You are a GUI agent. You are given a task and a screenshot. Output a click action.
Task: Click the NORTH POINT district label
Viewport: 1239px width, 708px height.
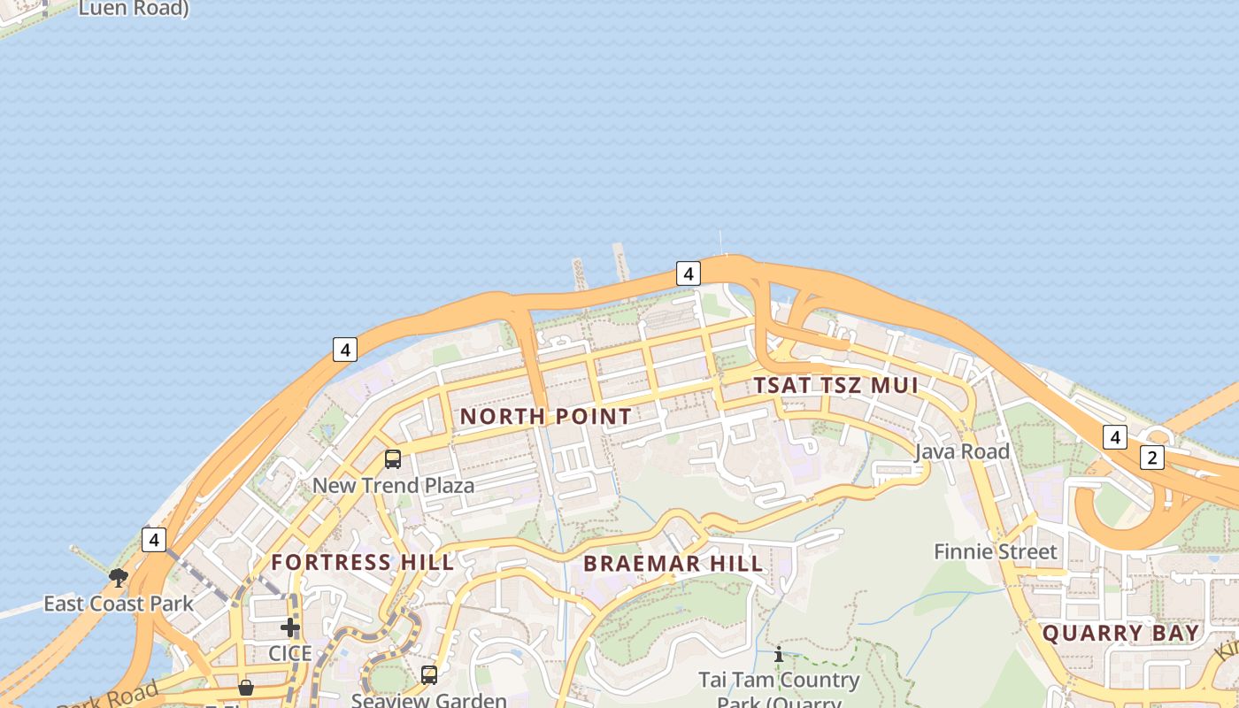click(x=546, y=416)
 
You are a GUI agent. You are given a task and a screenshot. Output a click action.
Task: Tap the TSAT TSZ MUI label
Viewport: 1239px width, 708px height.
click(x=835, y=385)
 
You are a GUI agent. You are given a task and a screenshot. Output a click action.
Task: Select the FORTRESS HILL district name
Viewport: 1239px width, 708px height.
click(x=363, y=562)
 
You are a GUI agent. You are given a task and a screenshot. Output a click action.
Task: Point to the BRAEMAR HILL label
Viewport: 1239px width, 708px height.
click(x=673, y=563)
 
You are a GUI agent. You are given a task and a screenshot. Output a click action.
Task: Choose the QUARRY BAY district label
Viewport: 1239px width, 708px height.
click(x=1120, y=633)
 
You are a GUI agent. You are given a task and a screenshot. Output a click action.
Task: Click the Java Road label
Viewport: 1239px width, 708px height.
click(x=962, y=451)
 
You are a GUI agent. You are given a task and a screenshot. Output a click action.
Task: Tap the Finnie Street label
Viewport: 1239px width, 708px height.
click(x=996, y=551)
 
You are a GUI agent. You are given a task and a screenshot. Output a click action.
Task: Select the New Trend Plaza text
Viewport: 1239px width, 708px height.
click(x=393, y=485)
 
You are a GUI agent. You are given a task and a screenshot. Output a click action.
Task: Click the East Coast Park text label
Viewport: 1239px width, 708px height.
click(x=119, y=604)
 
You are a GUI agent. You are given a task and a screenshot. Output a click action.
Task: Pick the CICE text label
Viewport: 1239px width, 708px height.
click(x=290, y=653)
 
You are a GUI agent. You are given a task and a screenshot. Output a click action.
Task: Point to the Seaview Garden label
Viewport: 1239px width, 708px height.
click(x=429, y=699)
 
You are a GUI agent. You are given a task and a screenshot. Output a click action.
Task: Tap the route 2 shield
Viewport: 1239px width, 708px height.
click(x=1151, y=458)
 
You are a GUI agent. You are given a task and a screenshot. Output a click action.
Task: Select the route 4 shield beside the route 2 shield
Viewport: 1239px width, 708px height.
click(x=1115, y=437)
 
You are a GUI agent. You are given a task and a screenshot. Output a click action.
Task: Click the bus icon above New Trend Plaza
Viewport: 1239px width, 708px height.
click(x=393, y=459)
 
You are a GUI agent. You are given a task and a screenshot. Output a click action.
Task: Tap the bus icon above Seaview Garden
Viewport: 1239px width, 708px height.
click(x=429, y=674)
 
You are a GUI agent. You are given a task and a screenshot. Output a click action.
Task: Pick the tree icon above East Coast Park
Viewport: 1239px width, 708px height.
click(x=119, y=578)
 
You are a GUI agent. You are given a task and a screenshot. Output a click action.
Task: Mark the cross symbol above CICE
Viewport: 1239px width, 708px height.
click(x=290, y=627)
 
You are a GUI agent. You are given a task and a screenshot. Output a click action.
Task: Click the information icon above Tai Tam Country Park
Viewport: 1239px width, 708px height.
click(x=779, y=655)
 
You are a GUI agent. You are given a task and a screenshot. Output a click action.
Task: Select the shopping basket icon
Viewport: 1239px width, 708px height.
click(x=246, y=688)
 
